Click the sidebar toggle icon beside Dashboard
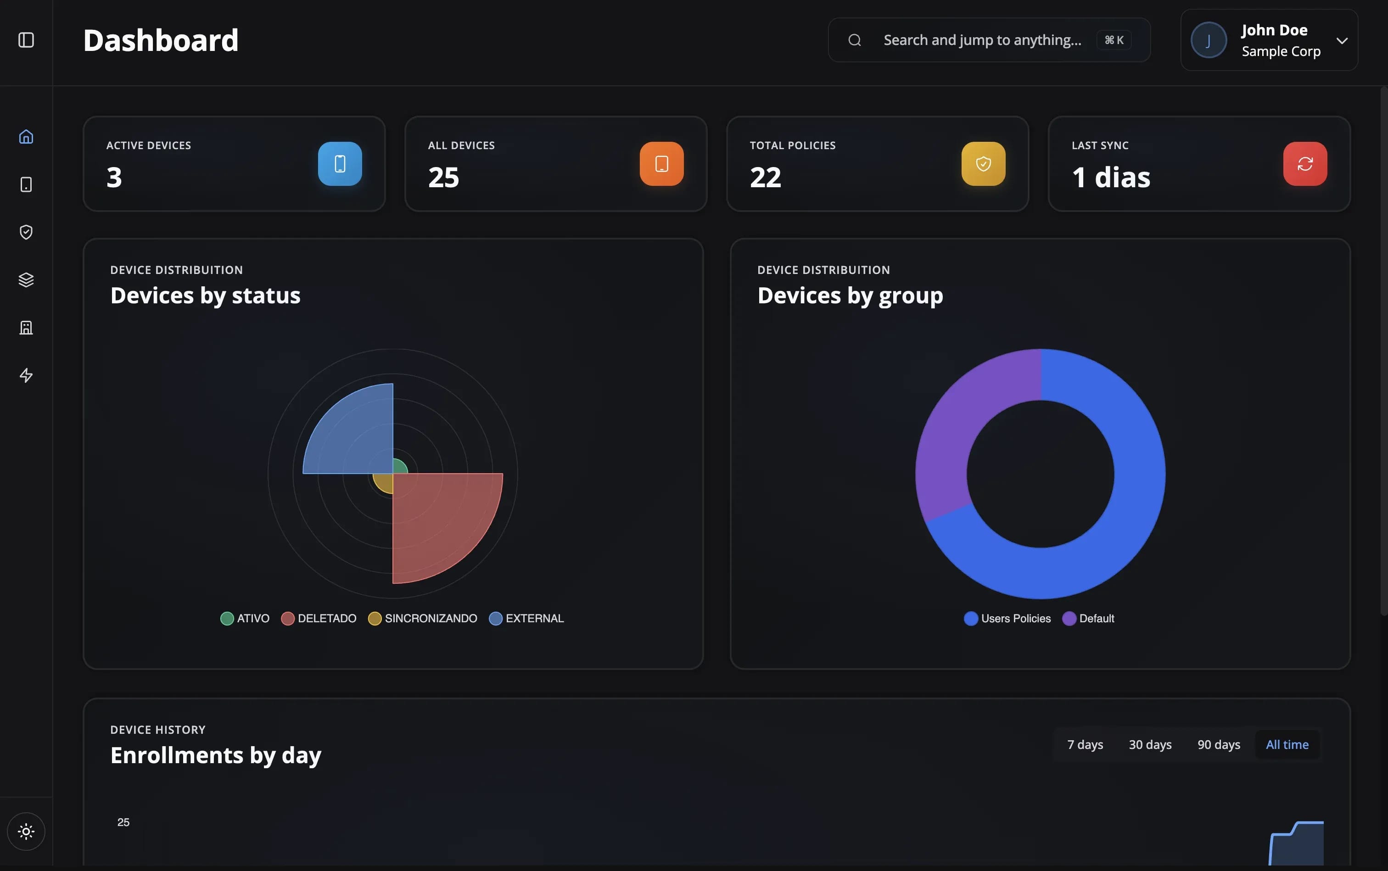(26, 40)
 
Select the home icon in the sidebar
(26, 137)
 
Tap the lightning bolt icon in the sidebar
(26, 375)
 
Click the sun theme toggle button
(26, 831)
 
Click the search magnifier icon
(855, 40)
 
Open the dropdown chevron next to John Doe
(1342, 40)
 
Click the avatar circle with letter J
(1208, 40)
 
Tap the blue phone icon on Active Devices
(340, 164)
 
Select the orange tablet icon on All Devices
(661, 164)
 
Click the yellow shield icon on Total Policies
(983, 164)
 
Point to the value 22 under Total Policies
(765, 177)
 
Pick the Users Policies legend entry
(1008, 618)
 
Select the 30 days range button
(1149, 744)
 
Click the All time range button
(1287, 744)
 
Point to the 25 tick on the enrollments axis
(123, 822)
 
